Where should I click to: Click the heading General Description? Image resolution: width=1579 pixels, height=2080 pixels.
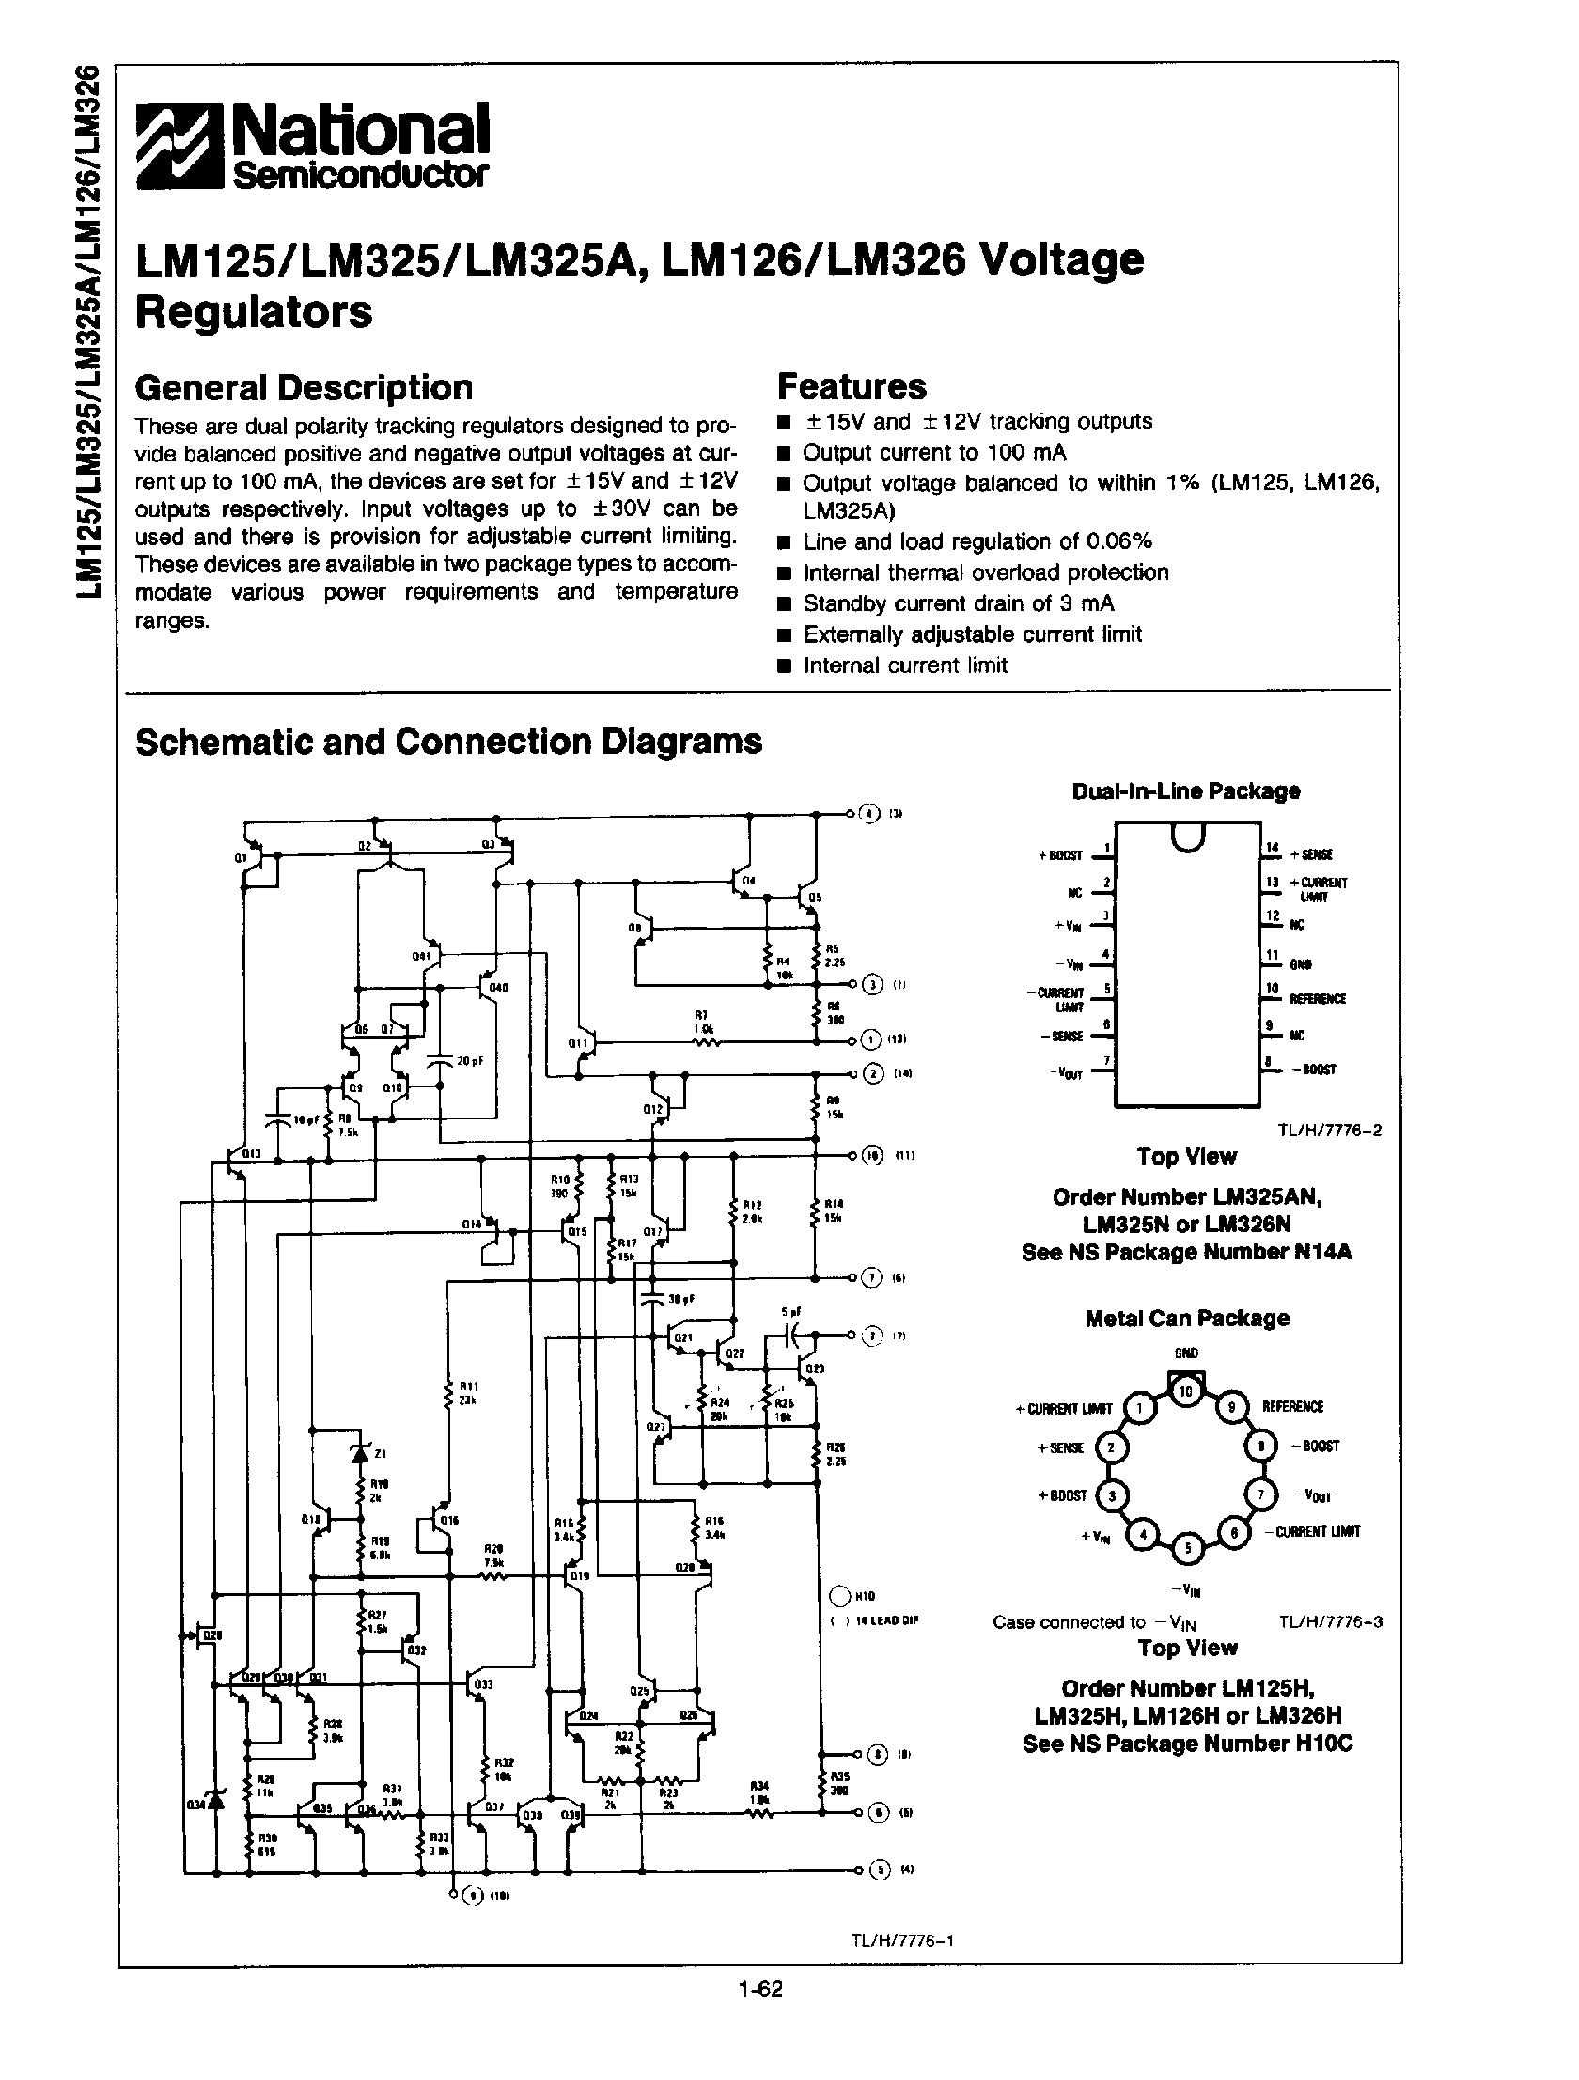click(304, 387)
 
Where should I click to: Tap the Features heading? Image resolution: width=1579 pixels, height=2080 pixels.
click(852, 386)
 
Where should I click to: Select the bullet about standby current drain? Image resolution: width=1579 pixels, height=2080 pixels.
click(958, 603)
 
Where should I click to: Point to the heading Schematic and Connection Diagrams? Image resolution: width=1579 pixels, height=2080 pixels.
click(448, 742)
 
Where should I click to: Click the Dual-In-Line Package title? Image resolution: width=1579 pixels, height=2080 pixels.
click(1186, 790)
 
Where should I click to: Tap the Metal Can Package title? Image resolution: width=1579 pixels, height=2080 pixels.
click(1187, 1319)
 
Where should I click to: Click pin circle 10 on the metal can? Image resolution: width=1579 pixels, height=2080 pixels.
click(1186, 1391)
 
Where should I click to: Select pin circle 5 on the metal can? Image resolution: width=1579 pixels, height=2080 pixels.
click(1187, 1548)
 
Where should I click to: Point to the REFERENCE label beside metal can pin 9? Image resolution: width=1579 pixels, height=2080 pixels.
click(1292, 1407)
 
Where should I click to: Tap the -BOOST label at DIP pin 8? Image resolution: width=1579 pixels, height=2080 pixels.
click(1314, 1071)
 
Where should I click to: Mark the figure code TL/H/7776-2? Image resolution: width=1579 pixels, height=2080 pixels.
click(1329, 1131)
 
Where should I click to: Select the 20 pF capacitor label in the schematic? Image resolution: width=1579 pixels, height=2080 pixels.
click(467, 1061)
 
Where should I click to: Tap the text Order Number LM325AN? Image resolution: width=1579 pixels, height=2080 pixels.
click(1187, 1197)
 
